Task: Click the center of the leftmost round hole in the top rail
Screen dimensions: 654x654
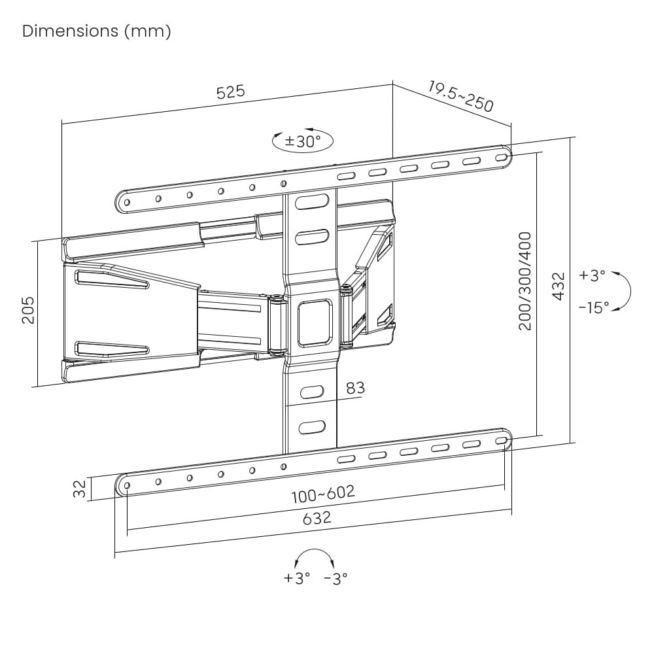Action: (127, 203)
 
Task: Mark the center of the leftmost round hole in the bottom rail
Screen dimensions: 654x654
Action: (127, 485)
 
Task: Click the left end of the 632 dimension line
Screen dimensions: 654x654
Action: (114, 553)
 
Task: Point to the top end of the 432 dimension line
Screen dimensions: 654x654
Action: (570, 138)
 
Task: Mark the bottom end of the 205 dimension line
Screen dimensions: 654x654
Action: (37, 387)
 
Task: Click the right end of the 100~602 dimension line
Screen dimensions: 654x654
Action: (504, 485)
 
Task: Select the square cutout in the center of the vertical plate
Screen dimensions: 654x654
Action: (315, 322)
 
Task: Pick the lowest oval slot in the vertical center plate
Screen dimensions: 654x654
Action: (312, 428)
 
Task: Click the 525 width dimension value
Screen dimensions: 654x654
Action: (231, 92)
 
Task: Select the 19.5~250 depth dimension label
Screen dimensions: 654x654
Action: (460, 97)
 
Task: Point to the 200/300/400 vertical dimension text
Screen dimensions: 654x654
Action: (525, 281)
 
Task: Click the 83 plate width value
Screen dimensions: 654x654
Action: (355, 388)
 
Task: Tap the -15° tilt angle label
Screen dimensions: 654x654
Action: (594, 308)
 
